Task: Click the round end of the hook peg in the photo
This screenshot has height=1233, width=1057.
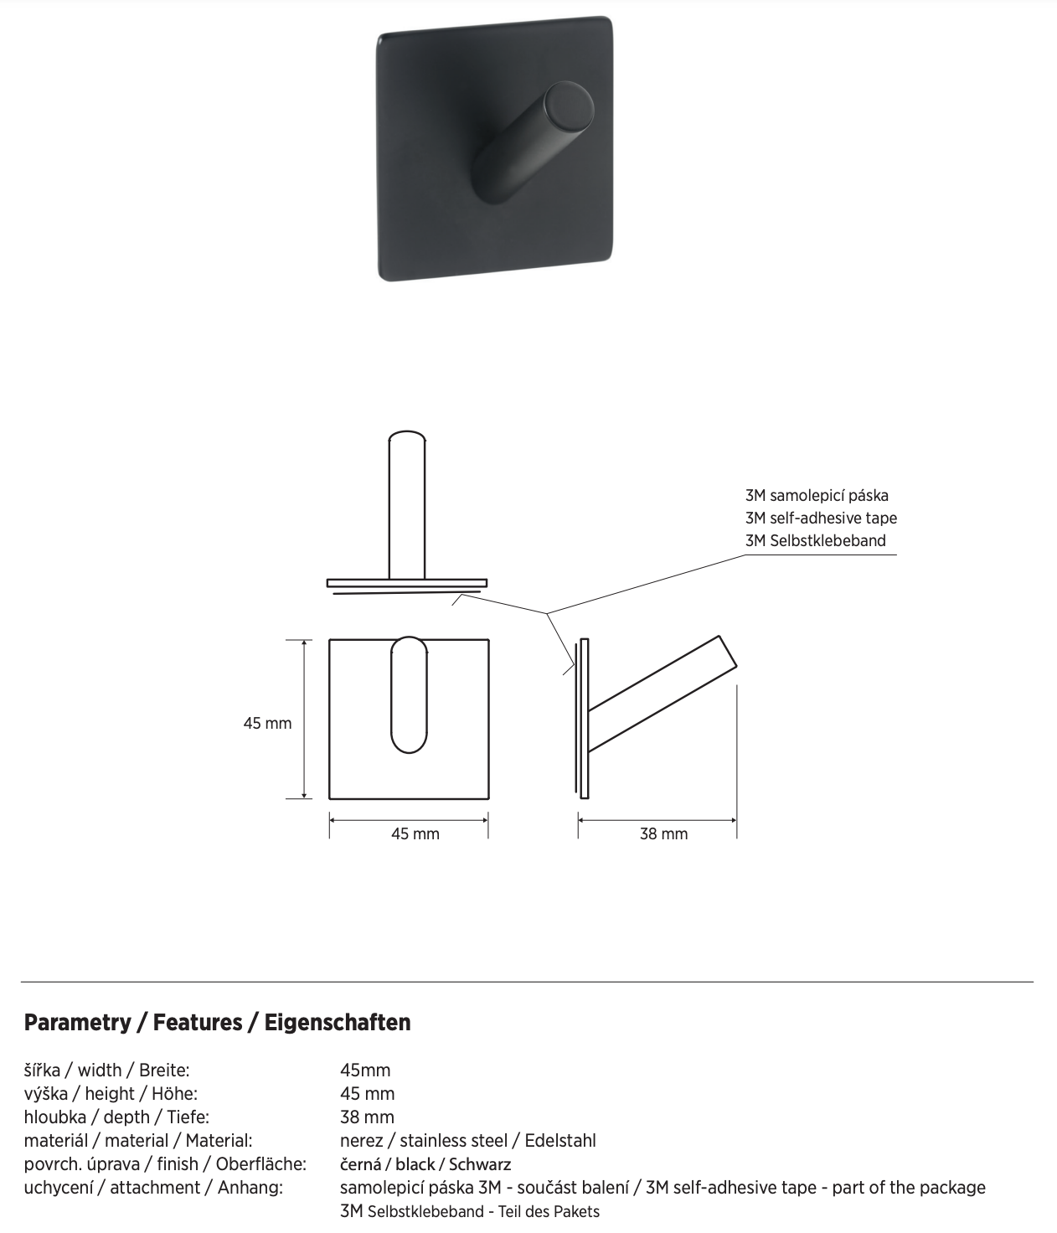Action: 569,112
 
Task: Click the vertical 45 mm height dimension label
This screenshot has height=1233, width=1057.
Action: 267,723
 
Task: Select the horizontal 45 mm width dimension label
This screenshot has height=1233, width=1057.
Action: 415,833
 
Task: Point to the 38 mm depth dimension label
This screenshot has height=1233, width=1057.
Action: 663,833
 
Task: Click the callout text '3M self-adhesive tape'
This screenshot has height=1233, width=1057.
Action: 821,518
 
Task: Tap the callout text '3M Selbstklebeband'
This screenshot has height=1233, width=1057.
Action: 815,540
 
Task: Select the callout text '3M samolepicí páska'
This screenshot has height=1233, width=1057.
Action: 817,495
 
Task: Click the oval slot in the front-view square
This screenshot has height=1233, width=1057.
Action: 409,695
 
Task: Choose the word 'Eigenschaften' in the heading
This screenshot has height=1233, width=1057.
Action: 338,1022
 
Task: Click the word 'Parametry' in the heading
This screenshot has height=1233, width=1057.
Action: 77,1022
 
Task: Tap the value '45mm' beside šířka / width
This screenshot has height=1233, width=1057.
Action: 365,1070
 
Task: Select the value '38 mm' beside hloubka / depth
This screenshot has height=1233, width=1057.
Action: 367,1117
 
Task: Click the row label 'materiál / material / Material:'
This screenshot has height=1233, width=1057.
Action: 138,1140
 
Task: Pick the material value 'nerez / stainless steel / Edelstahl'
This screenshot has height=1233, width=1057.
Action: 468,1140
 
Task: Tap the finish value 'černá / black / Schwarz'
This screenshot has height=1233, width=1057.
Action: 425,1163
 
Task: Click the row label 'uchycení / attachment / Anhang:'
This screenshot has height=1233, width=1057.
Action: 153,1187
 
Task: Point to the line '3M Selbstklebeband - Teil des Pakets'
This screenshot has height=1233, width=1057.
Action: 470,1211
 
